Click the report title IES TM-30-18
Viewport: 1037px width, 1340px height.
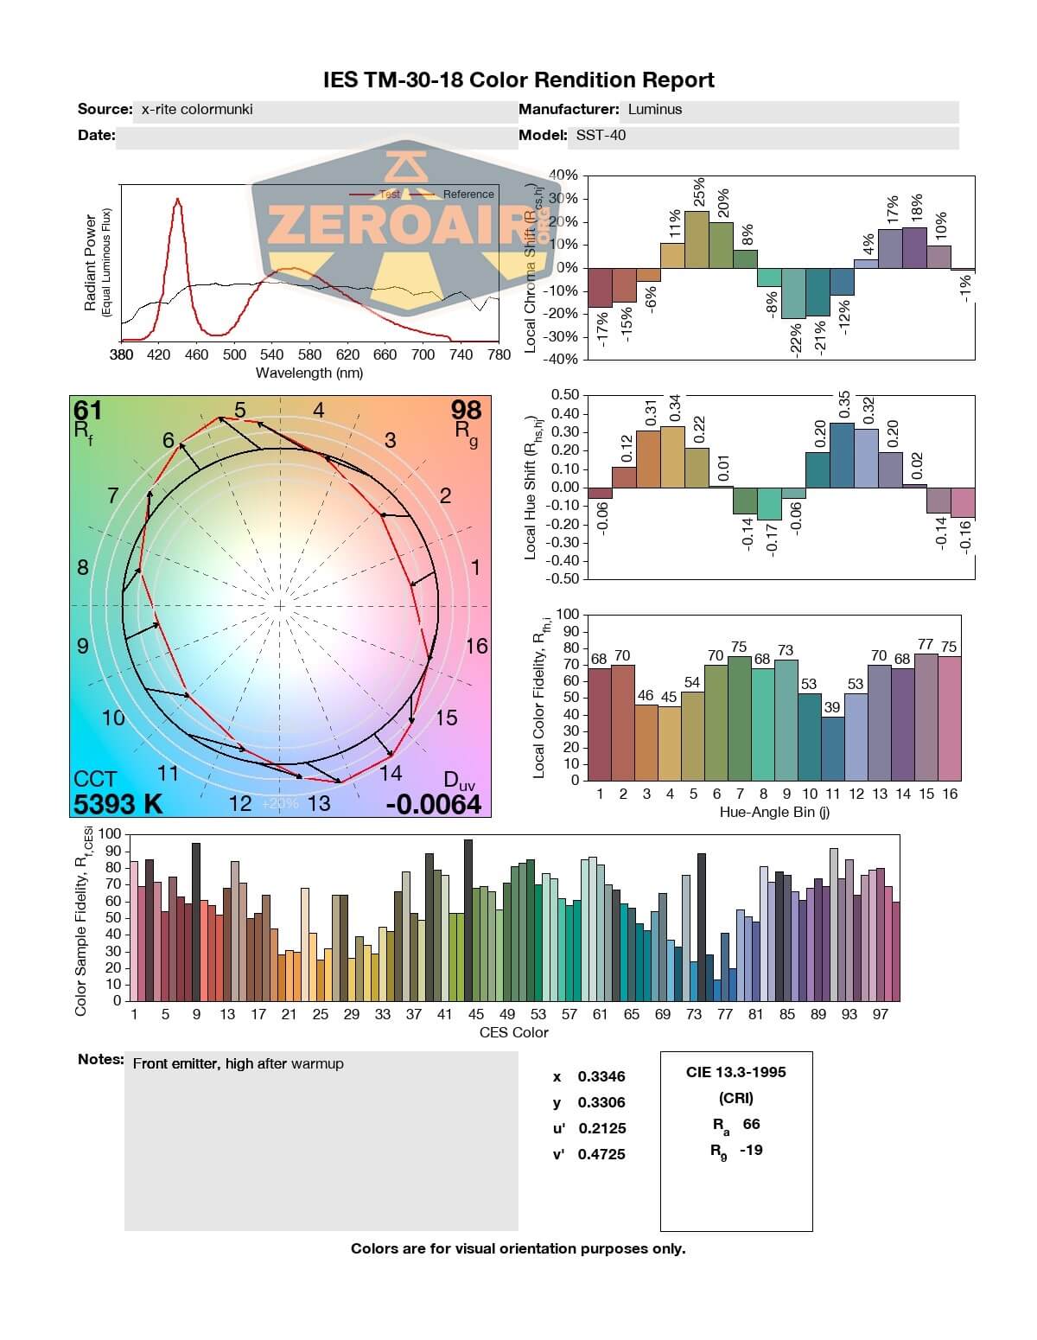[x=518, y=80]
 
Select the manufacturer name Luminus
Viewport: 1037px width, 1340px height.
[x=655, y=110]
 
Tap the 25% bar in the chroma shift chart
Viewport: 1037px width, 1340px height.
[x=697, y=239]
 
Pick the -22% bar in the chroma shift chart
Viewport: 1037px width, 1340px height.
[x=793, y=293]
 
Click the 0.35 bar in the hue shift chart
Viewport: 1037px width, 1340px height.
[x=842, y=455]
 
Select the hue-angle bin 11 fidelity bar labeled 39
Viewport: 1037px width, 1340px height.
[x=832, y=749]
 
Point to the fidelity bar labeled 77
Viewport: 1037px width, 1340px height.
[x=926, y=717]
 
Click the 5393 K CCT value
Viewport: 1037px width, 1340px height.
[x=118, y=804]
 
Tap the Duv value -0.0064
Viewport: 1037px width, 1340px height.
[x=433, y=805]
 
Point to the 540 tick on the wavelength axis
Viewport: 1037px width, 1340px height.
[x=272, y=354]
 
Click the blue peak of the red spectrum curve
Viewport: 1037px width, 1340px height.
[x=177, y=201]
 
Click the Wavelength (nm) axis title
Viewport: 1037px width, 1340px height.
[x=309, y=373]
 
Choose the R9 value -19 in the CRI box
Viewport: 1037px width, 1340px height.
[x=751, y=1150]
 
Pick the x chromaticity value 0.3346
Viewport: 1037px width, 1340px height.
[x=601, y=1076]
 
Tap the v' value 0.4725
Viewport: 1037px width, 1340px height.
[x=601, y=1154]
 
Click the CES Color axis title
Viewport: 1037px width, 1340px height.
[x=513, y=1032]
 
